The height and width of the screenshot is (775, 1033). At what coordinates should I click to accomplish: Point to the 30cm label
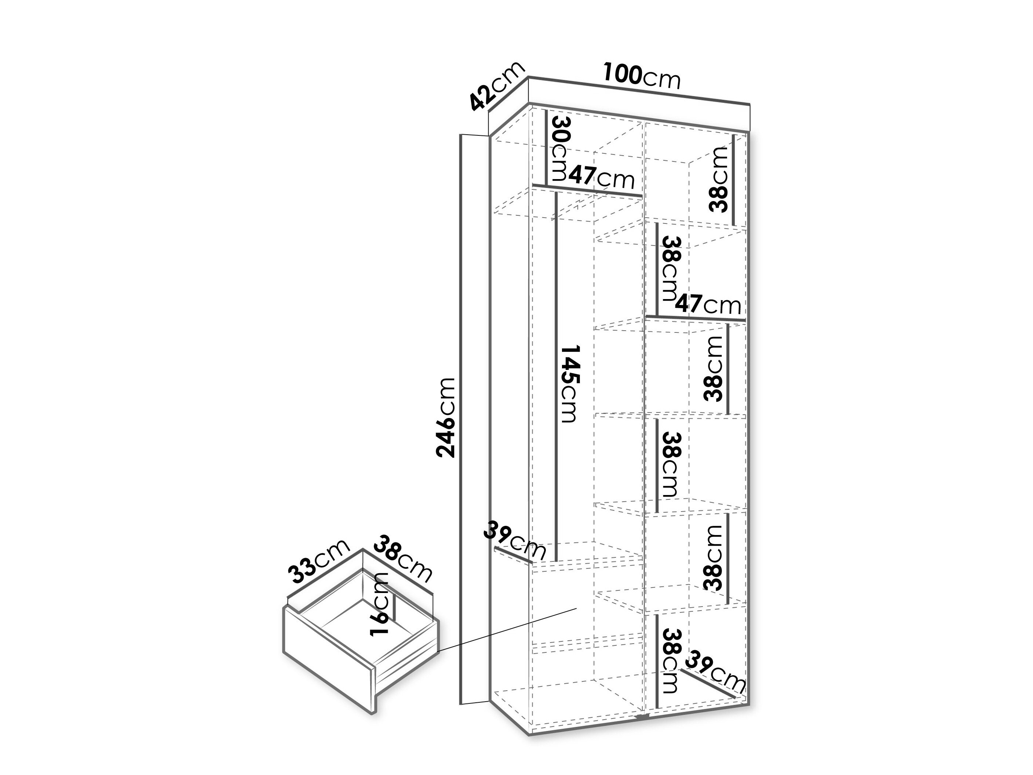[x=562, y=148]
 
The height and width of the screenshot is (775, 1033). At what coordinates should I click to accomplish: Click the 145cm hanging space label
[x=569, y=383]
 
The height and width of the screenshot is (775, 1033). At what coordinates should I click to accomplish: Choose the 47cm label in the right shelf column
[x=708, y=305]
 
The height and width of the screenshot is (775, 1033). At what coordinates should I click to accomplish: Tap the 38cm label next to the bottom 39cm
[x=670, y=661]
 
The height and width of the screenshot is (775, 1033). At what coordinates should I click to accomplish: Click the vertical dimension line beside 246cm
[x=461, y=425]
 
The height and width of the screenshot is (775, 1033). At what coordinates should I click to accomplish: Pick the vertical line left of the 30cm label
[x=546, y=147]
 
